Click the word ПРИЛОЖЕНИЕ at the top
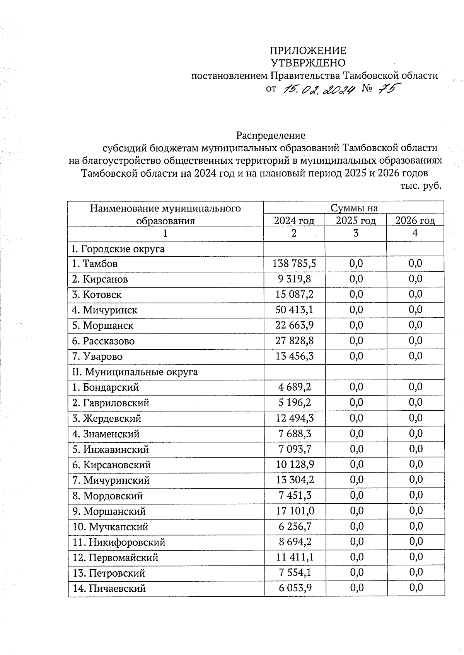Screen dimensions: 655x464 (x=307, y=51)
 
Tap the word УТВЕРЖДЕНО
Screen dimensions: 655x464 (x=307, y=63)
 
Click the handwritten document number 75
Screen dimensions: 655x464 (x=387, y=89)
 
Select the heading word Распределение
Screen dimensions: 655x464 (x=271, y=135)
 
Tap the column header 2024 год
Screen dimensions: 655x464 (x=294, y=220)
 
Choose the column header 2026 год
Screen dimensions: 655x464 (x=415, y=220)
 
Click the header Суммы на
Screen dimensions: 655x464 (x=353, y=208)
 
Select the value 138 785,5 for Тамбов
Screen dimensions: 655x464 (x=294, y=264)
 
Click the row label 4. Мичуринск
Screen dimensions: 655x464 (x=105, y=310)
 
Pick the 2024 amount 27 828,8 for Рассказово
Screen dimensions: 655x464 (x=294, y=341)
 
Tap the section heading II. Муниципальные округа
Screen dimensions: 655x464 (x=135, y=372)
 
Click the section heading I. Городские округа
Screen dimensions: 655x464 (x=118, y=249)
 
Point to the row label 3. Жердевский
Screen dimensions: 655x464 (x=107, y=418)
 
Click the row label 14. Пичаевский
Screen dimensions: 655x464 (x=109, y=589)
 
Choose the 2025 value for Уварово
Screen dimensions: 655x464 (x=356, y=356)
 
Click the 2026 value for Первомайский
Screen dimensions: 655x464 (x=416, y=557)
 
